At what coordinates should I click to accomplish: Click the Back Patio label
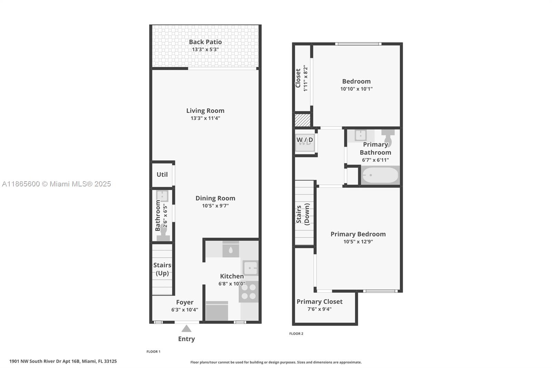click(x=205, y=42)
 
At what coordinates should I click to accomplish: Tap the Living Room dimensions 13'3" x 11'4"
click(x=205, y=118)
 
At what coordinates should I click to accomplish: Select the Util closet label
click(x=162, y=174)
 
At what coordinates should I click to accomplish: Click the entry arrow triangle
click(x=186, y=329)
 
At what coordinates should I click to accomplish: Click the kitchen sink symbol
click(x=250, y=268)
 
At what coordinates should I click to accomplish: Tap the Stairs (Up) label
click(x=162, y=269)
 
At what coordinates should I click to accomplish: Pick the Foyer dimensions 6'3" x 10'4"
click(x=185, y=310)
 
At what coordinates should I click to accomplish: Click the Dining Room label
click(x=215, y=198)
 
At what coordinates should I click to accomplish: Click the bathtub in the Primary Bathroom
click(x=380, y=175)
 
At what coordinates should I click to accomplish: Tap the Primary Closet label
click(x=319, y=301)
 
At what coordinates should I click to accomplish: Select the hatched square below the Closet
click(x=302, y=120)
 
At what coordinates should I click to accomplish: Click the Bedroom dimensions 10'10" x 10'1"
click(x=356, y=89)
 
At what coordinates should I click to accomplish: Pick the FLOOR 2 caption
click(x=296, y=333)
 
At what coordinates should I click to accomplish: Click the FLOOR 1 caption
click(x=154, y=351)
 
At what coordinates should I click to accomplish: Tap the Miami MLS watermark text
click(x=56, y=184)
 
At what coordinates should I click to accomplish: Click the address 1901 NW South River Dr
click(x=63, y=361)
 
